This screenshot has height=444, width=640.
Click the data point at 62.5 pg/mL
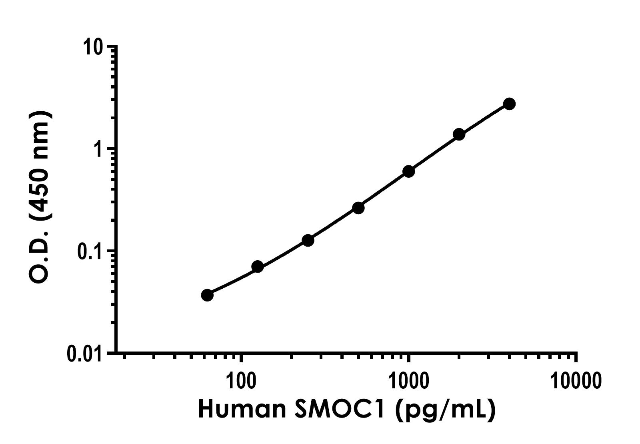pyautogui.click(x=207, y=295)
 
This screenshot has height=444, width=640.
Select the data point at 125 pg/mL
pyautogui.click(x=258, y=266)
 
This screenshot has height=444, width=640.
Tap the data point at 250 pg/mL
pyautogui.click(x=308, y=240)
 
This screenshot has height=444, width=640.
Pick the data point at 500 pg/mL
pyautogui.click(x=358, y=208)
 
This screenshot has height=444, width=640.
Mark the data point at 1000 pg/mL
pyautogui.click(x=408, y=171)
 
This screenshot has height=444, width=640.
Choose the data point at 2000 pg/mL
pyautogui.click(x=459, y=134)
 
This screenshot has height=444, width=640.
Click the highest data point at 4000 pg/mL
pyautogui.click(x=509, y=104)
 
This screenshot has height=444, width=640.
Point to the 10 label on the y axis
pyautogui.click(x=93, y=47)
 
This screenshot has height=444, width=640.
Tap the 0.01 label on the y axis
pyautogui.click(x=84, y=354)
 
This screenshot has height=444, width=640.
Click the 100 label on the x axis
pyautogui.click(x=241, y=381)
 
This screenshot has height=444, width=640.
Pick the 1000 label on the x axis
pyautogui.click(x=408, y=381)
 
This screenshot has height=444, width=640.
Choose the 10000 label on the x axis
pyautogui.click(x=576, y=381)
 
